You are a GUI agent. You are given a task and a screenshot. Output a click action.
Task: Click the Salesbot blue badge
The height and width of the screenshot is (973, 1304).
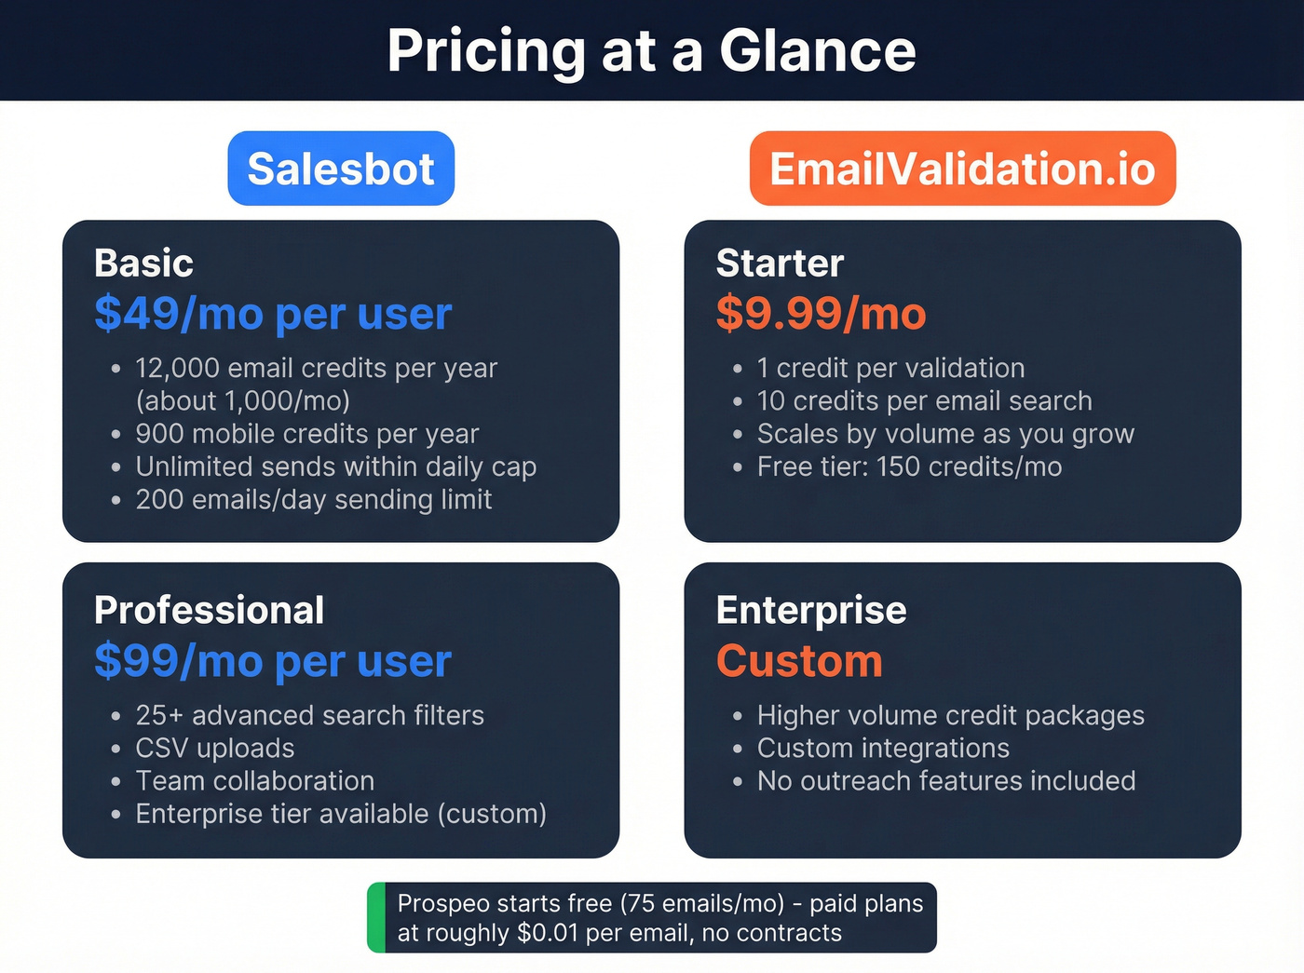pos(341,169)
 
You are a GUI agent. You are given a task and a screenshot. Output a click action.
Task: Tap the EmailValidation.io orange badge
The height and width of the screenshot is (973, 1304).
pos(962,169)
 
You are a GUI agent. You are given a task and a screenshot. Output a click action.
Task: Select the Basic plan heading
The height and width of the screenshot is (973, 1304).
pos(143,264)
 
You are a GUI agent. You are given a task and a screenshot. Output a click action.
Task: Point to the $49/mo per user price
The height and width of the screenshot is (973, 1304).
pos(272,314)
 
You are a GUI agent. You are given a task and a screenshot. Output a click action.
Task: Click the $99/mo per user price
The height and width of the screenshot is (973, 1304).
pos(272,661)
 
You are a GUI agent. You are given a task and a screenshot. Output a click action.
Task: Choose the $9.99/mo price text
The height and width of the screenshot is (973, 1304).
pos(821,314)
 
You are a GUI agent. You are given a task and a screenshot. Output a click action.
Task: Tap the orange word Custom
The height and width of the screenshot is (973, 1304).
pos(799,661)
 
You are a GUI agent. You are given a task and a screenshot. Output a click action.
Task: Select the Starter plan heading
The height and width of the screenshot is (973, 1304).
pos(780,264)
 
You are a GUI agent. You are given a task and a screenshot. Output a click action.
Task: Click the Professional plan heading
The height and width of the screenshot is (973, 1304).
pos(209,611)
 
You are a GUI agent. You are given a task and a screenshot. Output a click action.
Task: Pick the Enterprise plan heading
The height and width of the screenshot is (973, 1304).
pos(811,611)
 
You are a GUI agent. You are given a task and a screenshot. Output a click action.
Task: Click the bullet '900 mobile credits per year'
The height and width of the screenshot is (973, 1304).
pos(306,434)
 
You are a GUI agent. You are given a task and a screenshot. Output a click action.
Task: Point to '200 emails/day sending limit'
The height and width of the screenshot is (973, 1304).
pos(313,500)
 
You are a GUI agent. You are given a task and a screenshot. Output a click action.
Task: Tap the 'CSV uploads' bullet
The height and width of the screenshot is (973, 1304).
pos(214,749)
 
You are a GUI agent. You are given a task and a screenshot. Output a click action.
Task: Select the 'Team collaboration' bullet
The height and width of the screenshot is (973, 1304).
pos(254,781)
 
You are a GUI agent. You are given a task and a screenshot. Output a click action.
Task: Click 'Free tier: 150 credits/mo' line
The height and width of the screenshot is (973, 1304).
pos(909,466)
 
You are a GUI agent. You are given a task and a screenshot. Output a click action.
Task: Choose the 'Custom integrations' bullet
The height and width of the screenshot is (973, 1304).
pos(883,749)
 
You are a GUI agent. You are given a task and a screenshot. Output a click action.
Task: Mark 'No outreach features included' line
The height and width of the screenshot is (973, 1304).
pos(946,781)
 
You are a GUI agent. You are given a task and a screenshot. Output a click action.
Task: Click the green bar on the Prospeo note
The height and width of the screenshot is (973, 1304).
pos(376,918)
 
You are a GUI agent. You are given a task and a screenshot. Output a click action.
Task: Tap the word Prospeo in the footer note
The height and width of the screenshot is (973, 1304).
pos(443,904)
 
